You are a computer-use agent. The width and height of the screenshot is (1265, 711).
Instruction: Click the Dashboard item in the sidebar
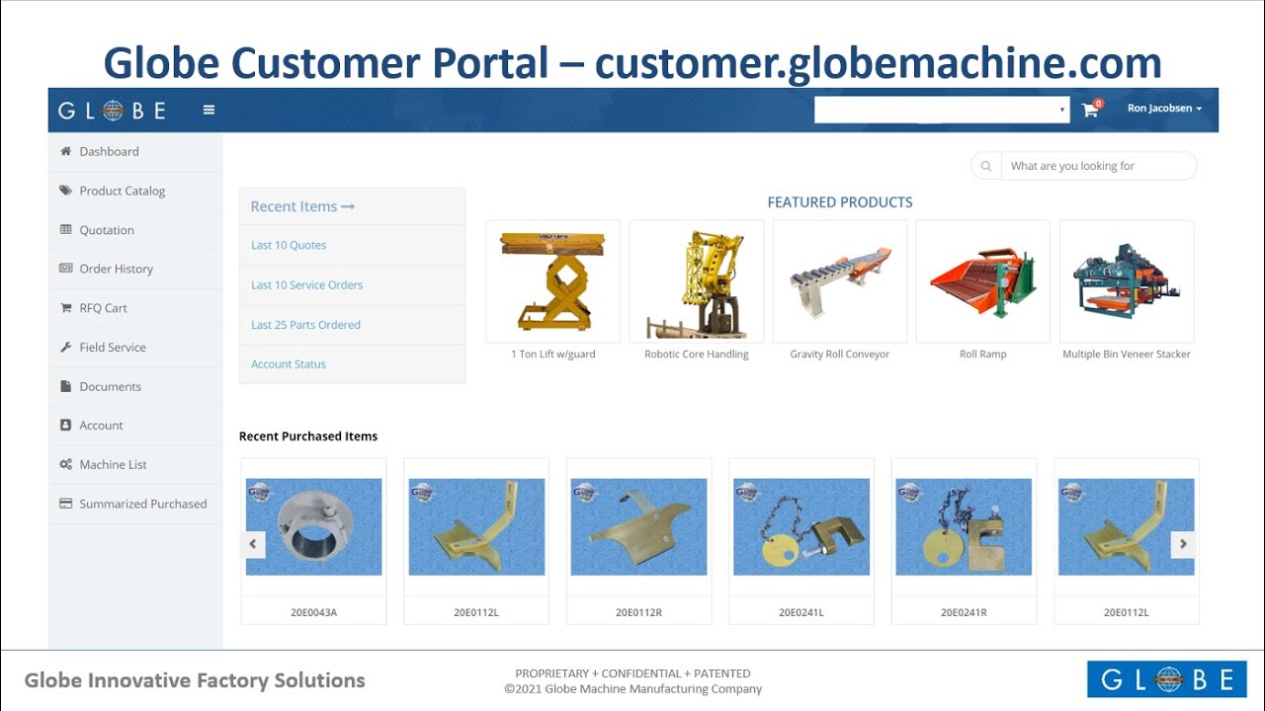[x=109, y=151]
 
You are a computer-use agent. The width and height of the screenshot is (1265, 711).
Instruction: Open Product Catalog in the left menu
[x=122, y=191]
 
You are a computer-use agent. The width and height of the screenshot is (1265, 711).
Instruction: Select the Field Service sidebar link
[x=112, y=348]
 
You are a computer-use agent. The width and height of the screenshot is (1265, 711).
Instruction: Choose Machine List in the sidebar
[x=113, y=464]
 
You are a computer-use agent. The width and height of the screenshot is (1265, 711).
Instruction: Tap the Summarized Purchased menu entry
[x=142, y=504]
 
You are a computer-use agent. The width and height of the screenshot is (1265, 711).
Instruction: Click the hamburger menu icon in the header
[x=209, y=110]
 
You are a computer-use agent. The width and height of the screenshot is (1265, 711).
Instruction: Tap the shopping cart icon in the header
[x=1090, y=110]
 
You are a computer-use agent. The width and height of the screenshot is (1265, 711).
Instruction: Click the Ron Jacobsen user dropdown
[x=1164, y=109]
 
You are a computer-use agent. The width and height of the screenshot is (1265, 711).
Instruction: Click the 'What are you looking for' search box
[x=1097, y=166]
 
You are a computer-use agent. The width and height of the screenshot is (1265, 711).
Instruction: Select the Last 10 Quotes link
[x=289, y=245]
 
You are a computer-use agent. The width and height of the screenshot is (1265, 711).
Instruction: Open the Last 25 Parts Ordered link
[x=305, y=325]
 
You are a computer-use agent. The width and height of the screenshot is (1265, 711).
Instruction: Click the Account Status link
[x=289, y=364]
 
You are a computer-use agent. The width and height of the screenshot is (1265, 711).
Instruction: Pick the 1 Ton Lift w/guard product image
[x=552, y=281]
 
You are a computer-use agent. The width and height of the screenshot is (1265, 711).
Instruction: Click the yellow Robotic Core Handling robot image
[x=696, y=281]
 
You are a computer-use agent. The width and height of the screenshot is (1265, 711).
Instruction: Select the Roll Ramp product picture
[x=982, y=281]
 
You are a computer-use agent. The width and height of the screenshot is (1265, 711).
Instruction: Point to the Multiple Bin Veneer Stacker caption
[x=1127, y=355]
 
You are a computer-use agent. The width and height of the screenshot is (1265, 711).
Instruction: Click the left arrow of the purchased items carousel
[x=253, y=543]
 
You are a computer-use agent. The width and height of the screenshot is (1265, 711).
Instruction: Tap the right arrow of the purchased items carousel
[x=1183, y=543]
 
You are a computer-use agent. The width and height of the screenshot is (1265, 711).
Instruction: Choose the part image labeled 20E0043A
[x=313, y=526]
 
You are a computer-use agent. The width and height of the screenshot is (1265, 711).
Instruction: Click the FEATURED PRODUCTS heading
[x=840, y=202]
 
